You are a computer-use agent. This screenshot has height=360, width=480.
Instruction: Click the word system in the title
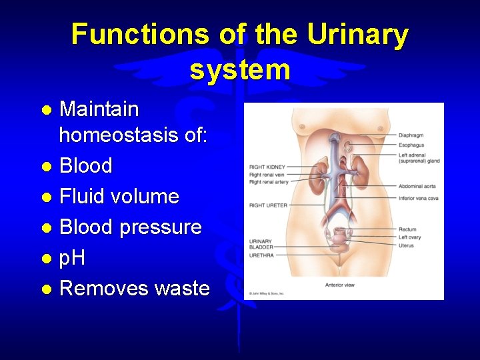[240, 69]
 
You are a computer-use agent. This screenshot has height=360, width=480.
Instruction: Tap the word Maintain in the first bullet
[99, 109]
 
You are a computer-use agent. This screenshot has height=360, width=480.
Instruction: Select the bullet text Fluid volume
[119, 197]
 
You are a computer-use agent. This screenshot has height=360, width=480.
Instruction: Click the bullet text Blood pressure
[131, 227]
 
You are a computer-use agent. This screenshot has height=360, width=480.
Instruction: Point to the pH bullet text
[73, 258]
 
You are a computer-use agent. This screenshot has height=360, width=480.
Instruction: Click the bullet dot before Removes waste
[45, 289]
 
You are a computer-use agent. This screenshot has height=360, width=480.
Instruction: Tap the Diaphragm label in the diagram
[411, 135]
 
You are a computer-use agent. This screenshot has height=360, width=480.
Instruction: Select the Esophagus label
[411, 145]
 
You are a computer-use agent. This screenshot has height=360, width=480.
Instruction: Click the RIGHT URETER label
[268, 205]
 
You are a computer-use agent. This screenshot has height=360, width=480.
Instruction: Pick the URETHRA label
[262, 255]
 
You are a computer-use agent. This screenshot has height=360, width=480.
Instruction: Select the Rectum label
[407, 230]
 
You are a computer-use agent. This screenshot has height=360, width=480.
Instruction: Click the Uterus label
[406, 246]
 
